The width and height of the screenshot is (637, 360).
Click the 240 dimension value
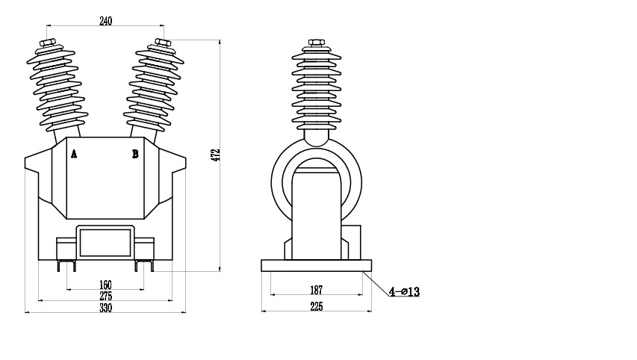(x=105, y=21)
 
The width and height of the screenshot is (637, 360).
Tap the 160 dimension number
(x=105, y=285)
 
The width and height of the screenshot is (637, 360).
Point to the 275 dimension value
(x=105, y=296)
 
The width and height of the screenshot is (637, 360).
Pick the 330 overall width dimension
(x=105, y=308)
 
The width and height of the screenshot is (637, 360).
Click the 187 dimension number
(x=316, y=290)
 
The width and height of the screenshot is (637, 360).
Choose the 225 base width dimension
(x=316, y=306)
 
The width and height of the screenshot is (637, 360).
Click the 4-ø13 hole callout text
(x=404, y=292)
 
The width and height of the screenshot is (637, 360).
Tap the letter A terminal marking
(x=74, y=154)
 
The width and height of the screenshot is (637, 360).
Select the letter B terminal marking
(x=135, y=154)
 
